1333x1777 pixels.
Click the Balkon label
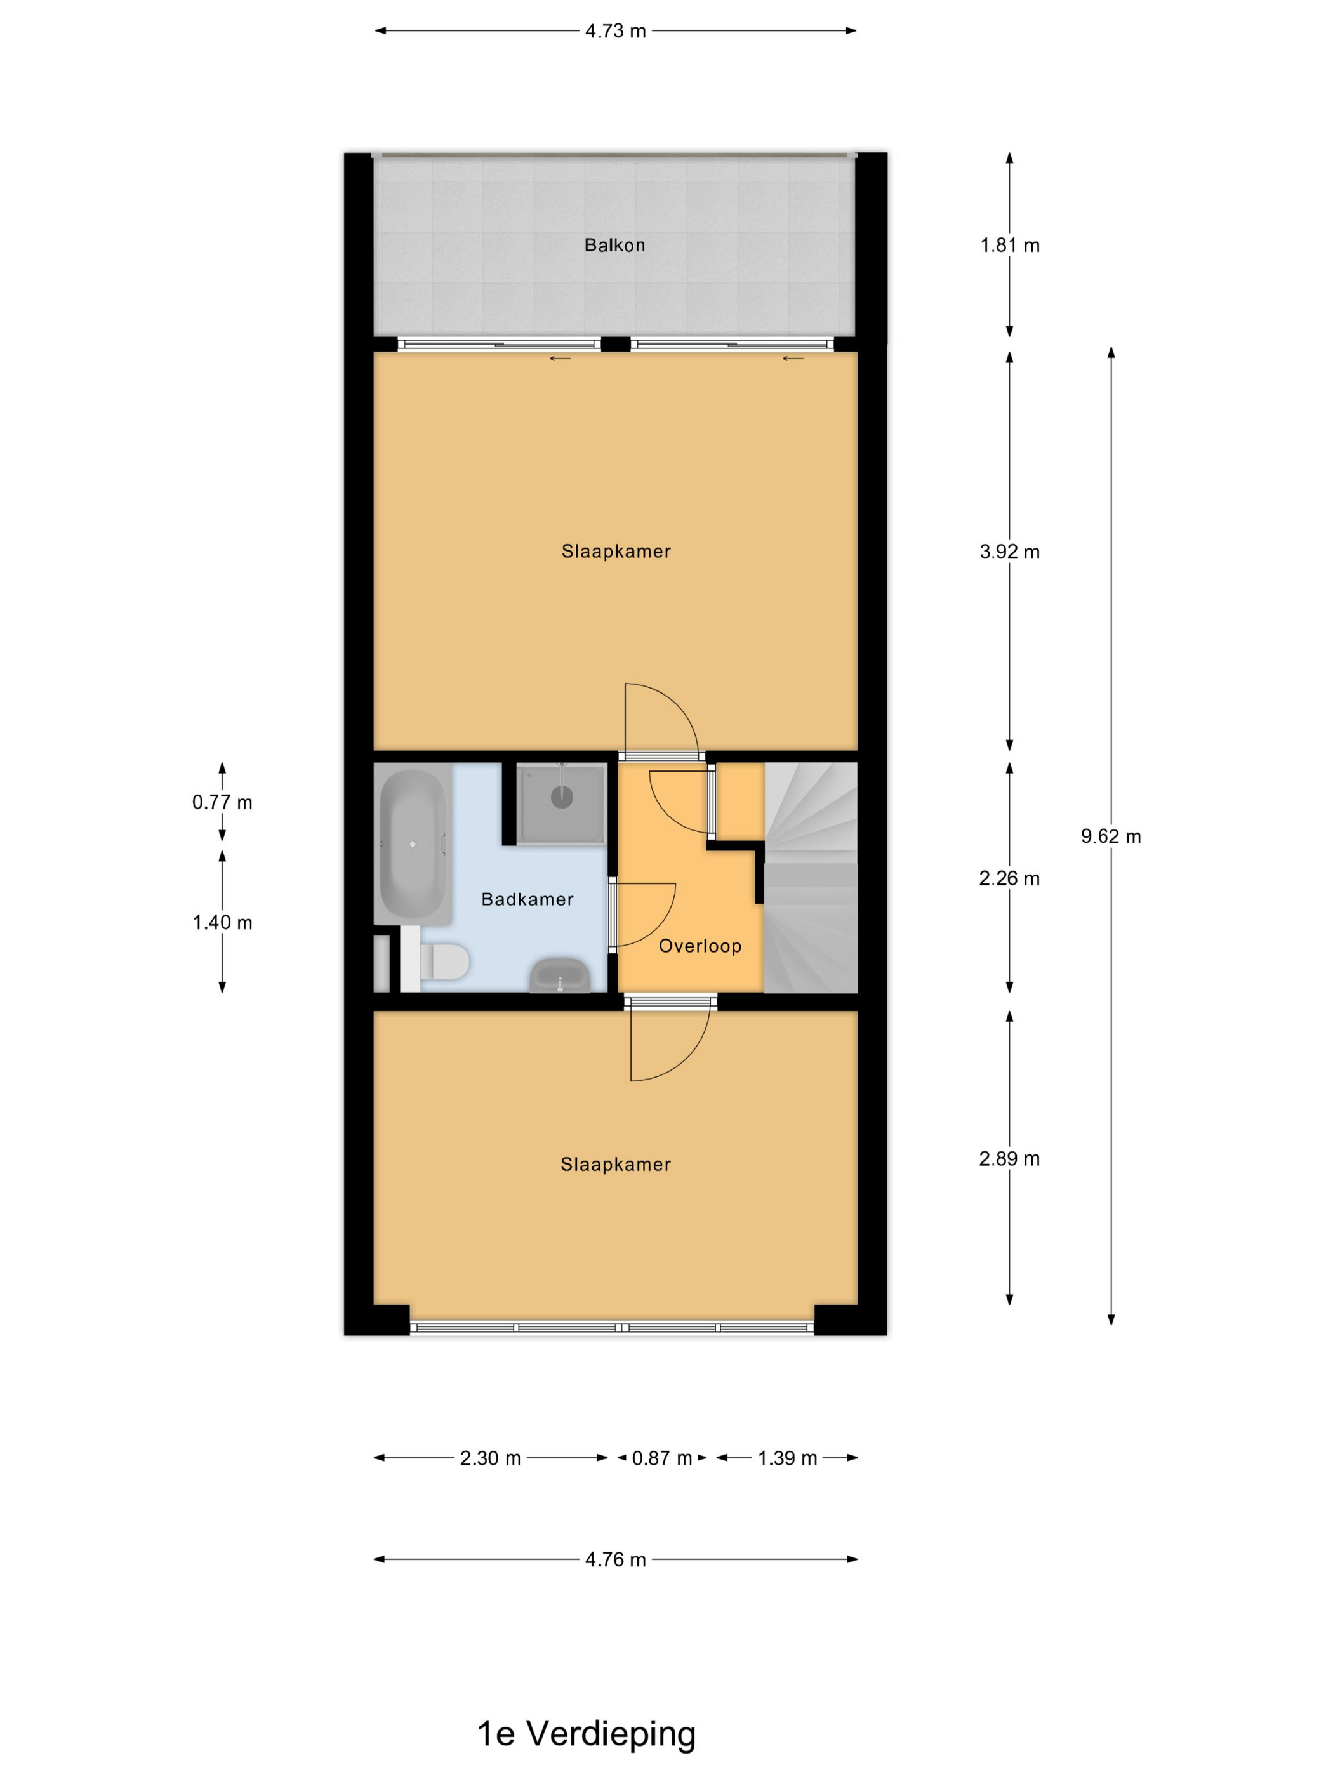pos(614,245)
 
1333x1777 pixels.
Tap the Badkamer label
pos(527,899)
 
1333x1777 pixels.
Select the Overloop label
pos(700,946)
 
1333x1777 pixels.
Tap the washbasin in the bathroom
pos(559,975)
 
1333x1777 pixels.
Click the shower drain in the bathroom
pos(562,797)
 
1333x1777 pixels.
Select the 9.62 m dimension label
pos(1110,836)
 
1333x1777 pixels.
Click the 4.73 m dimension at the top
pos(616,31)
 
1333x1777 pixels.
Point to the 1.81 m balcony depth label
pos(1009,245)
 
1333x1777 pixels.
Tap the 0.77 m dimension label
pos(222,802)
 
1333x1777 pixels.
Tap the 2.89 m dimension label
pos(1009,1158)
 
